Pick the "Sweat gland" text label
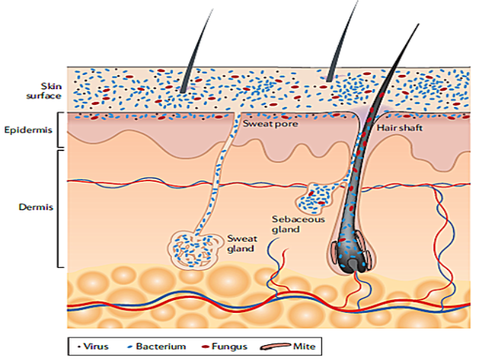coord(241,243)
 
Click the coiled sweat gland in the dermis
coord(193,247)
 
